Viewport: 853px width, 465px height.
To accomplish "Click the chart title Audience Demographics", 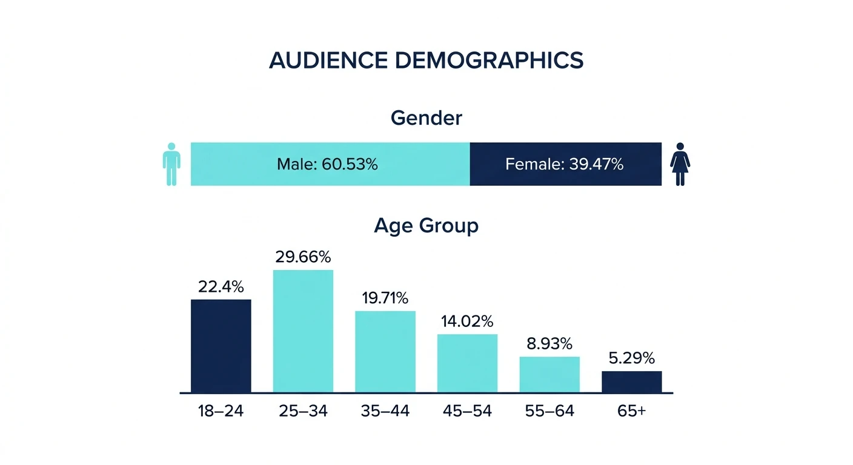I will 426,61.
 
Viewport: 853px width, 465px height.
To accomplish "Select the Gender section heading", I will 426,117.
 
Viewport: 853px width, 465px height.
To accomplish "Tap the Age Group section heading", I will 426,225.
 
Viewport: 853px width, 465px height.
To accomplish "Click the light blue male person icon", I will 171,164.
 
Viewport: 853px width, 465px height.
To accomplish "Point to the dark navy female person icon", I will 680,164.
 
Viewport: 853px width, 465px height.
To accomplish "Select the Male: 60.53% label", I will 327,164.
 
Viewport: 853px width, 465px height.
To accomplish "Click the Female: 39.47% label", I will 564,164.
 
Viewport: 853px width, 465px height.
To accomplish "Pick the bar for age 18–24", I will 221,346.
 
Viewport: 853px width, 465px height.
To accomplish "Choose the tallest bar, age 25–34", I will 303,331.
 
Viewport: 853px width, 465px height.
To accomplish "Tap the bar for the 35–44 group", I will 385,352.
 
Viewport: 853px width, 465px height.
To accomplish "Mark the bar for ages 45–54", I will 467,363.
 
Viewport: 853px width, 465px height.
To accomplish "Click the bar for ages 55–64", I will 549,374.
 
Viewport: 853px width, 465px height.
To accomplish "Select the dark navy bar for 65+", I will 631,381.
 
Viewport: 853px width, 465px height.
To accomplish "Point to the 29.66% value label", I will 303,257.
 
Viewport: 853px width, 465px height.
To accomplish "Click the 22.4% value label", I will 221,286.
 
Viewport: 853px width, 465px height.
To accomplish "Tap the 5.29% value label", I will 631,358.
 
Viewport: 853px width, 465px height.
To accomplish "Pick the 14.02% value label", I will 467,321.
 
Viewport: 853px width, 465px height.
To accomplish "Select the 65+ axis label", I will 631,411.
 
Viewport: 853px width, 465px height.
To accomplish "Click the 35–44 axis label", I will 385,411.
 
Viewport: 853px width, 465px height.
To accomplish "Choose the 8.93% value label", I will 549,344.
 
